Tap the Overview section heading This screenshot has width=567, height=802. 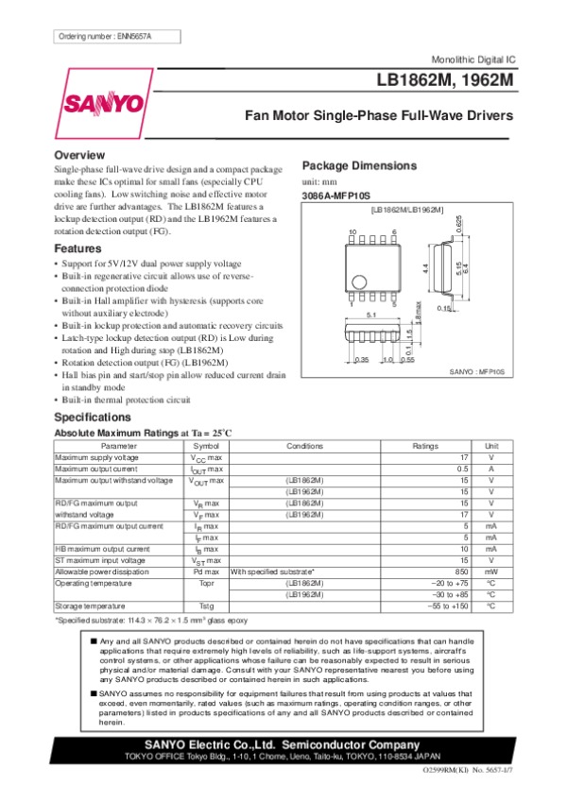tap(79, 155)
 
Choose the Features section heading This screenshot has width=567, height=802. tap(78, 249)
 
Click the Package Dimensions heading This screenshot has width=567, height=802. tap(358, 165)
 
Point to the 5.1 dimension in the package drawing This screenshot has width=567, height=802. tap(371, 315)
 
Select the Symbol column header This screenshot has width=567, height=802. tap(206, 445)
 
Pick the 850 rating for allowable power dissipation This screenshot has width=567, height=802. tap(461, 572)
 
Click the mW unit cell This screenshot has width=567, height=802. tap(491, 572)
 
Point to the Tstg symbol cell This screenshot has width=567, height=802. tap(206, 606)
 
